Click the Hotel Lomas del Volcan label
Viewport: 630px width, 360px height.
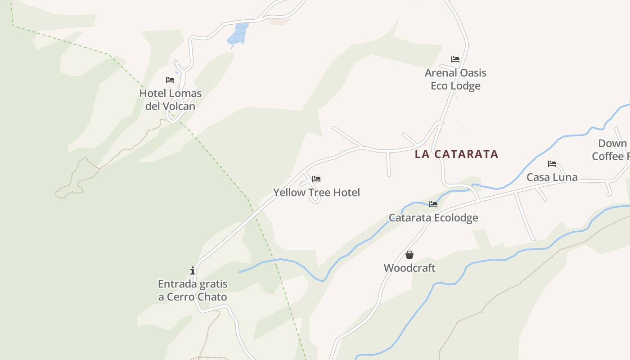click(170, 99)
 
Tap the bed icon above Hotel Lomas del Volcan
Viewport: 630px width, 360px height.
click(170, 80)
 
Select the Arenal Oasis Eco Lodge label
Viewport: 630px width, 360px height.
click(455, 79)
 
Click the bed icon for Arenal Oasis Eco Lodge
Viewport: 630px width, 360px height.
click(455, 59)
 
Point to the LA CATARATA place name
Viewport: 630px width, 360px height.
click(456, 154)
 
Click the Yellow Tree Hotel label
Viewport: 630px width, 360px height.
click(316, 193)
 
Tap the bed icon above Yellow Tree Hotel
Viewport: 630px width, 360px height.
click(316, 179)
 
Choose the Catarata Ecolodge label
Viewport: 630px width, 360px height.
click(433, 218)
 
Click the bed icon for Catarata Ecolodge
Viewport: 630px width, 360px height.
click(433, 204)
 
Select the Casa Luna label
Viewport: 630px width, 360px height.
click(552, 177)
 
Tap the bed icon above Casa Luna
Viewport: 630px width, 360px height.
click(552, 164)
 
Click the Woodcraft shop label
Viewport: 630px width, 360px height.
click(409, 268)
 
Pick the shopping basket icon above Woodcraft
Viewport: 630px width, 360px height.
click(409, 255)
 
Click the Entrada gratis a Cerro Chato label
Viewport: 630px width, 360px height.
click(193, 290)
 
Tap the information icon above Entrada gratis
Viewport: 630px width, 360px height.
click(193, 270)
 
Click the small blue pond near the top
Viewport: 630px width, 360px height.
click(238, 34)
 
